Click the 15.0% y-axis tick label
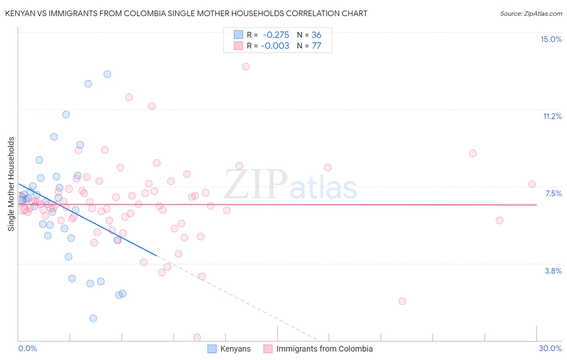(x=551, y=39)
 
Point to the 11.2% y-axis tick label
(x=552, y=116)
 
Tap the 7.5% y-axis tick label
(x=553, y=193)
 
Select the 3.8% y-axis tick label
(x=553, y=271)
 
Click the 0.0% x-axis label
(x=27, y=348)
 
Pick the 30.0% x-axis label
(x=550, y=348)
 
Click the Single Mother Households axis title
(x=11, y=184)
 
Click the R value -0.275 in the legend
(x=276, y=35)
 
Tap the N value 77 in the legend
(x=317, y=46)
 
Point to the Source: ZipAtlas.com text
(x=531, y=13)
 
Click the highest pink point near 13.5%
(x=246, y=67)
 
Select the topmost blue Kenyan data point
(x=107, y=74)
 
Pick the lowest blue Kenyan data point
(x=93, y=318)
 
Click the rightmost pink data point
(x=532, y=184)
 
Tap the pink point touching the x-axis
(x=197, y=337)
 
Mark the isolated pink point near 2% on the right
(x=402, y=301)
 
